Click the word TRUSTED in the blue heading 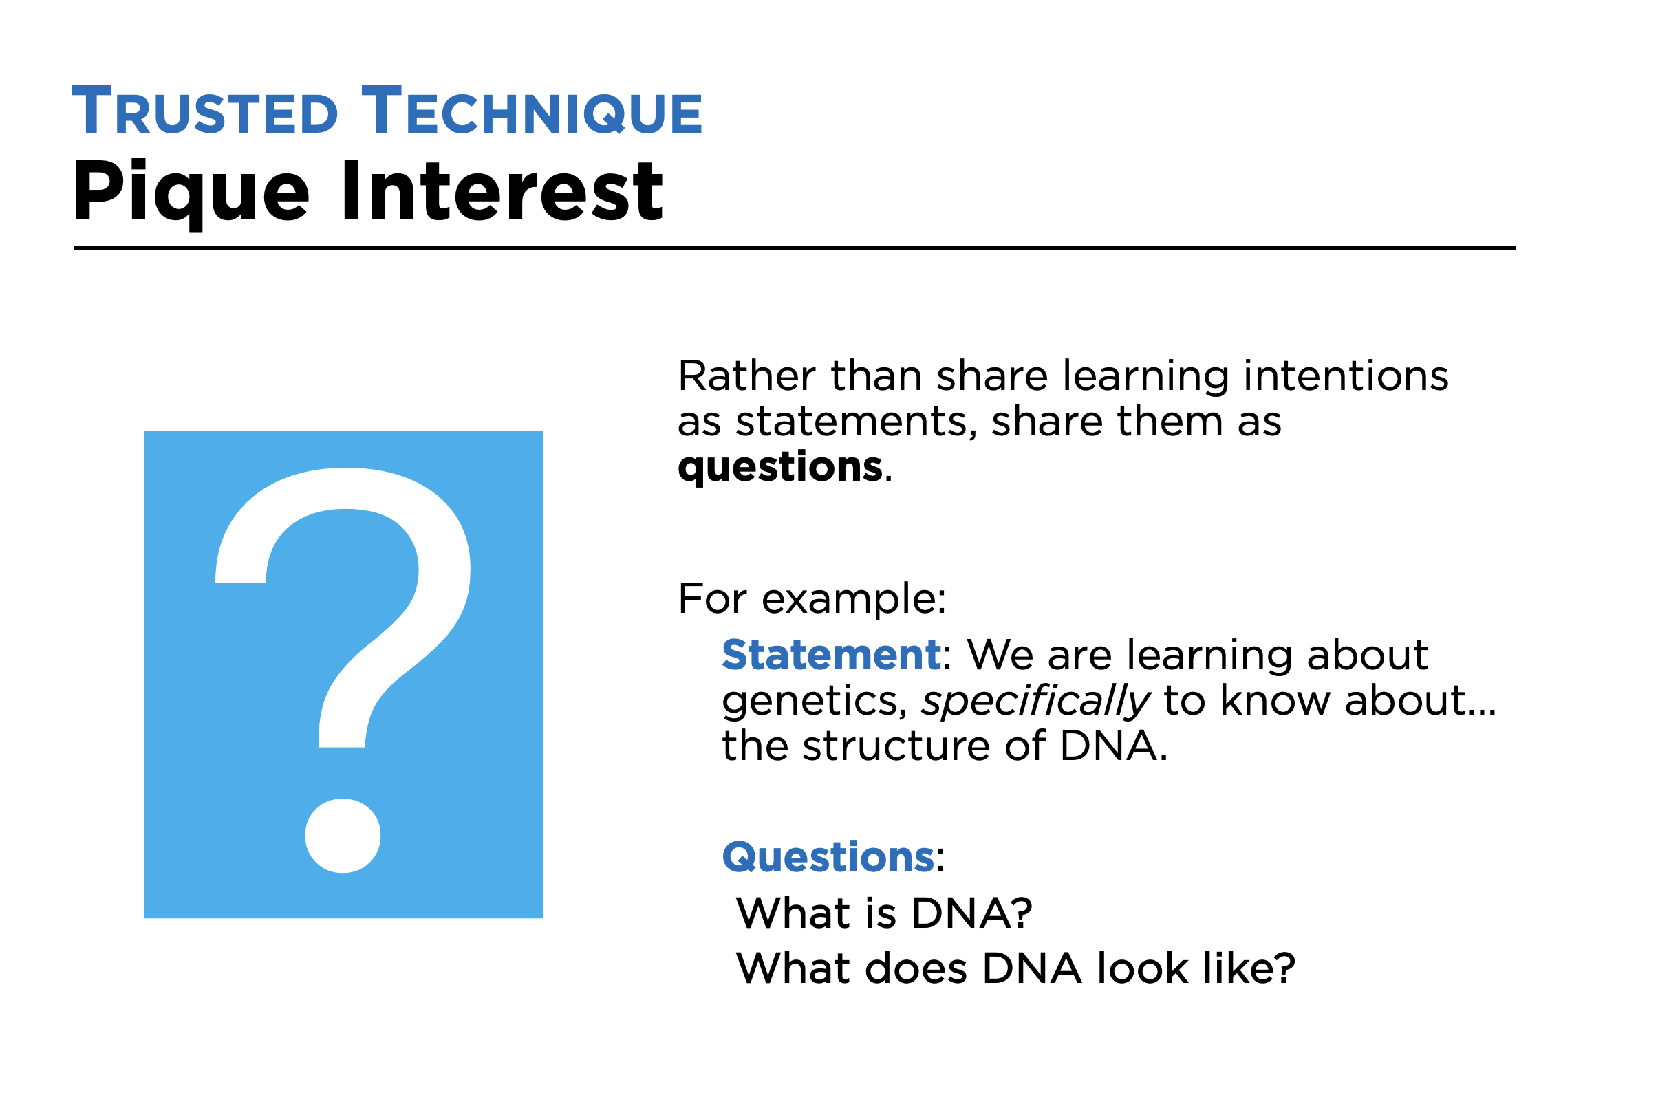pyautogui.click(x=204, y=110)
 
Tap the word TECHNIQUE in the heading pyautogui.click(x=532, y=110)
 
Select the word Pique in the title pyautogui.click(x=191, y=193)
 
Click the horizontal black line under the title pyautogui.click(x=795, y=248)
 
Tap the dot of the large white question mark pyautogui.click(x=343, y=836)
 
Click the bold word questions pyautogui.click(x=780, y=468)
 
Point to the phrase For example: pyautogui.click(x=812, y=598)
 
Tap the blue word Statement pyautogui.click(x=832, y=655)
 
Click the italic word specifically pyautogui.click(x=1036, y=702)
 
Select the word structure pyautogui.click(x=896, y=746)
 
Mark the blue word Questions pyautogui.click(x=828, y=856)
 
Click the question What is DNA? pyautogui.click(x=884, y=913)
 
